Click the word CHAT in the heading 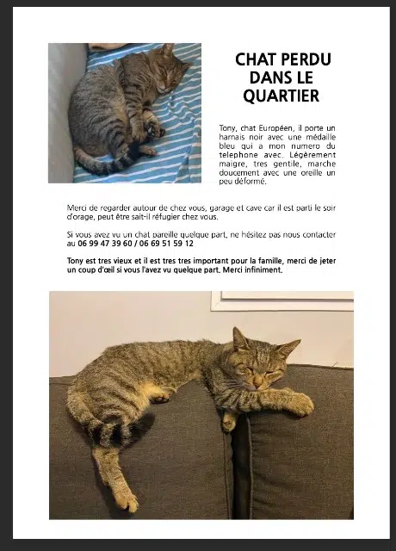tap(256, 59)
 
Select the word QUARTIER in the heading tap(281, 96)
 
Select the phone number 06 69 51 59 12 tap(165, 244)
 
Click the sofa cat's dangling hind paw tap(124, 499)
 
